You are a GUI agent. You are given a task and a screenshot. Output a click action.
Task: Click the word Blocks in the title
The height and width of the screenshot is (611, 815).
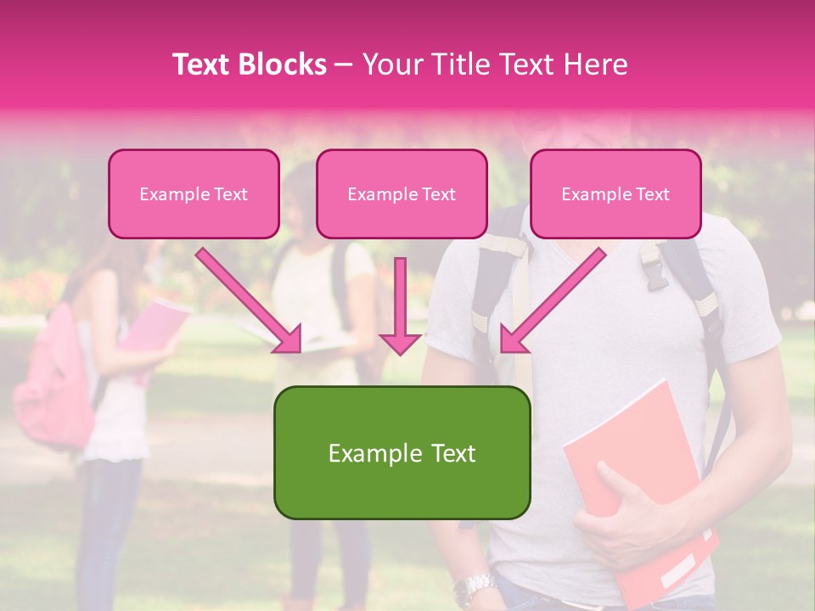283,64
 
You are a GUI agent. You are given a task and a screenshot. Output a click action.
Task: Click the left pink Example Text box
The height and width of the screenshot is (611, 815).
194,193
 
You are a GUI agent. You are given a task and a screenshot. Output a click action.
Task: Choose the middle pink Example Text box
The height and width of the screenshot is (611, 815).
402,193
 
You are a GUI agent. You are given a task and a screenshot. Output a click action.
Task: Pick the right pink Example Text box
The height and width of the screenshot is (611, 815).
615,193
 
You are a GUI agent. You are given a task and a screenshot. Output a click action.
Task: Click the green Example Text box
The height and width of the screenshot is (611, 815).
402,452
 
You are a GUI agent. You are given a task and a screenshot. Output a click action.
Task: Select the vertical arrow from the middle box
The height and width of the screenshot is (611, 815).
400,305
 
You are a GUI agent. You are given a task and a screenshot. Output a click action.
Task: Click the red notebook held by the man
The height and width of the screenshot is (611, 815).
645,475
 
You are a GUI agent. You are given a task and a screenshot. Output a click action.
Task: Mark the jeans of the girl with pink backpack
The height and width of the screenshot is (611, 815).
106,526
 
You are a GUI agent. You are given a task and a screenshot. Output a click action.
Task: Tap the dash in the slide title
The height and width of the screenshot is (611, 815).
344,64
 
